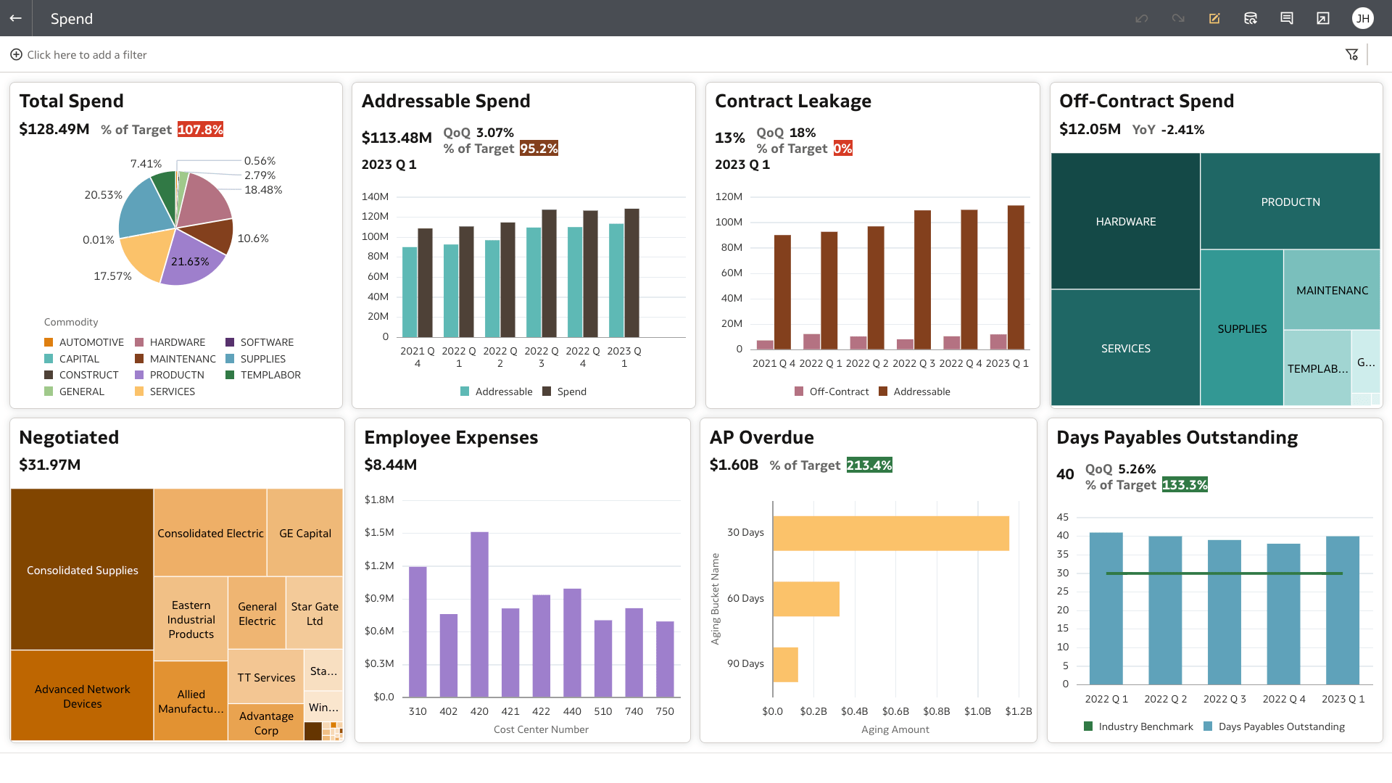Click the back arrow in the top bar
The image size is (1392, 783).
[x=16, y=18]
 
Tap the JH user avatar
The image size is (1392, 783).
[x=1362, y=18]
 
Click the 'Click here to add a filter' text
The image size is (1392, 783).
[x=87, y=55]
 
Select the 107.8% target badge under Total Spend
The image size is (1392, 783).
[x=200, y=130]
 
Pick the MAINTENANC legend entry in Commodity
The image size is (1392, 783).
[x=182, y=359]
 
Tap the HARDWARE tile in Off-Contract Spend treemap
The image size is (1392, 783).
[x=1125, y=221]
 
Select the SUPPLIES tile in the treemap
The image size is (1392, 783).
[x=1242, y=328]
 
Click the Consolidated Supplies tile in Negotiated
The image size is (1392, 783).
[x=82, y=570]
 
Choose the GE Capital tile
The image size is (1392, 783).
[x=304, y=533]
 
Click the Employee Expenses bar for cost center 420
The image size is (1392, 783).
[x=479, y=614]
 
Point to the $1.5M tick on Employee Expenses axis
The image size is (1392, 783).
[x=379, y=532]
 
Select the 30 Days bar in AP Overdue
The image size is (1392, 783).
[x=890, y=533]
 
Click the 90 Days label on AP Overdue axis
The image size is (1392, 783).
[x=745, y=663]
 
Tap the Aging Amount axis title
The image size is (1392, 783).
[x=895, y=729]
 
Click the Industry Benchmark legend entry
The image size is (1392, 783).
[x=1145, y=726]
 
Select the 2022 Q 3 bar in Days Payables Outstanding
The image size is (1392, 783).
[x=1224, y=612]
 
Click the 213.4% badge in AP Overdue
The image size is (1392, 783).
[x=869, y=465]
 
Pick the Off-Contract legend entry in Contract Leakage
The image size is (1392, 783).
[x=838, y=391]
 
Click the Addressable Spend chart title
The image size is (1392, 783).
[x=446, y=101]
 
